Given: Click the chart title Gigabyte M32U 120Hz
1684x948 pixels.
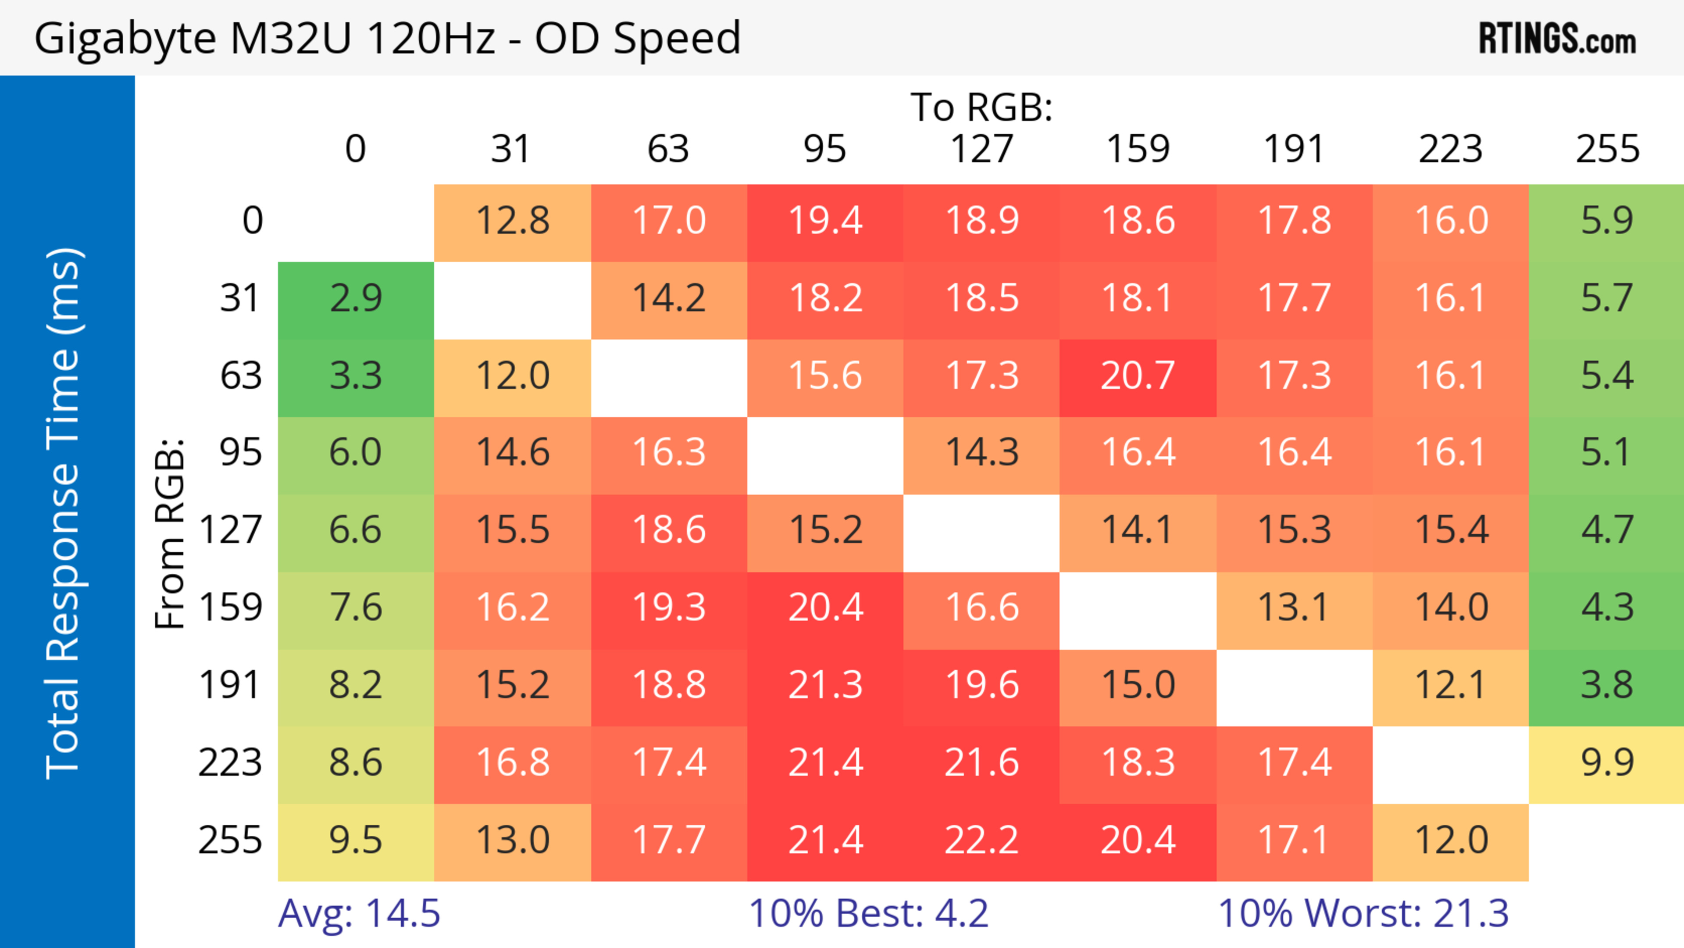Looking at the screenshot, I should pyautogui.click(x=387, y=38).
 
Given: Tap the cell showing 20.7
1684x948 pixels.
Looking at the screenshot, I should pyautogui.click(x=1138, y=376).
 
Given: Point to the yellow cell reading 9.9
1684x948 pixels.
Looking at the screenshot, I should pyautogui.click(x=1607, y=763).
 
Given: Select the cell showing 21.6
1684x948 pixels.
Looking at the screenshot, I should pyautogui.click(x=981, y=763).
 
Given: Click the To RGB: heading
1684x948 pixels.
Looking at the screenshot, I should pyautogui.click(x=981, y=107).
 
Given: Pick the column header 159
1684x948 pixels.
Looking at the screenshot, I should pyautogui.click(x=1138, y=150).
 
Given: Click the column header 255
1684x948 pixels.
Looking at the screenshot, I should pyautogui.click(x=1607, y=150).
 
